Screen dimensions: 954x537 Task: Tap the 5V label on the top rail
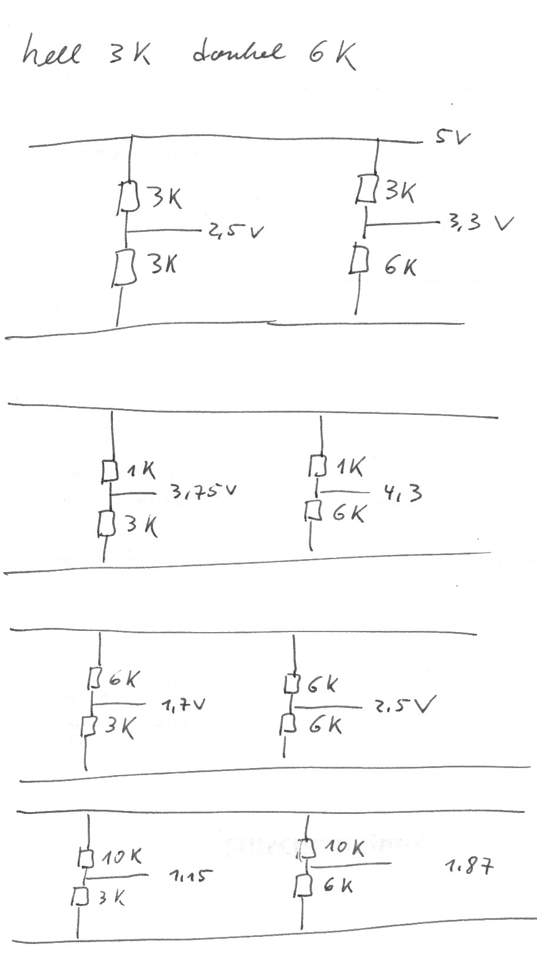[x=452, y=138]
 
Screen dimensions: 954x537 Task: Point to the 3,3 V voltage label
[x=480, y=224]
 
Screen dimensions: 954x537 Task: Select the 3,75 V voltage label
[x=204, y=491]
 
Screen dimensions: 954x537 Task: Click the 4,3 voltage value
[x=403, y=491]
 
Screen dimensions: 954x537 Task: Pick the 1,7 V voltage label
[x=183, y=704]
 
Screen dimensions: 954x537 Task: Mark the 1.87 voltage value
[x=469, y=866]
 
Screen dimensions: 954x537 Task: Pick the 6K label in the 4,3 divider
[x=348, y=514]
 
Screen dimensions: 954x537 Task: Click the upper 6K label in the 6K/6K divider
[x=322, y=684]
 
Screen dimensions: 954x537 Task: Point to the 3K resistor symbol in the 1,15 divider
[x=80, y=896]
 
